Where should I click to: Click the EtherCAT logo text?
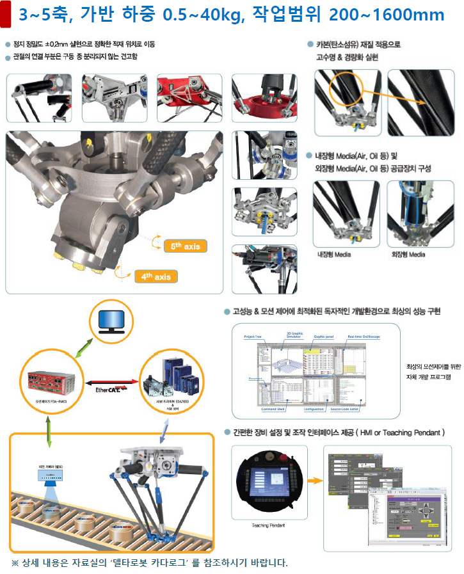(x=115, y=388)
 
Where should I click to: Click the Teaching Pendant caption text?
(x=265, y=525)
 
